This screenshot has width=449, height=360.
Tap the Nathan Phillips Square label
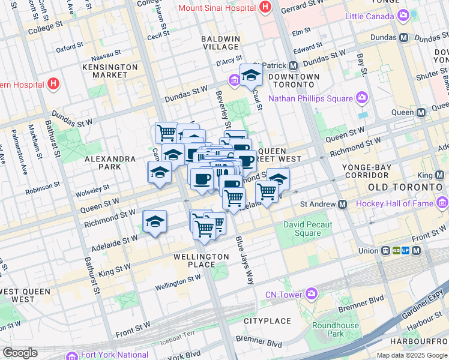(310, 98)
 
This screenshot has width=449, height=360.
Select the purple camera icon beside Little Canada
(403, 16)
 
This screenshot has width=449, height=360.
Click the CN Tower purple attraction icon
(312, 294)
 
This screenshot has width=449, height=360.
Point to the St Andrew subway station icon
(342, 204)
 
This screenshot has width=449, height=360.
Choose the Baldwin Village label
(220, 43)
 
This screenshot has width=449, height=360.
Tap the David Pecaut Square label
(302, 229)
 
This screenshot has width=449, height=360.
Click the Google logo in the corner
(20, 353)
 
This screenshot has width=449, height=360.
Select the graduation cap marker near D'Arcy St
(251, 75)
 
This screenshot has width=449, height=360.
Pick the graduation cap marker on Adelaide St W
(154, 222)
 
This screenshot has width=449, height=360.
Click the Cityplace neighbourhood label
(267, 322)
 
